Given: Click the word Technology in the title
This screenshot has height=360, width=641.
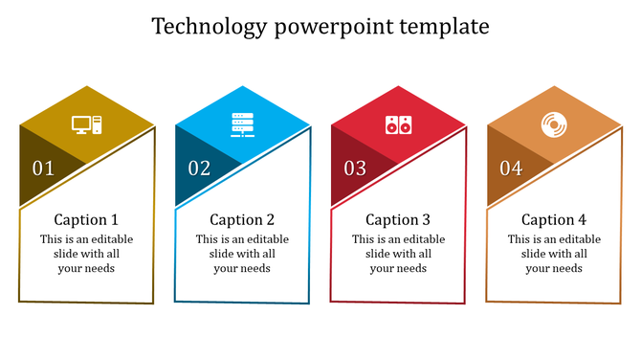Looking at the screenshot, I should [210, 27].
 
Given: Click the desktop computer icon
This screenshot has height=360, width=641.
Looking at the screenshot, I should [86, 124].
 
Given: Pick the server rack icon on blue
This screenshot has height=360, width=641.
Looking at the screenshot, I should [243, 124].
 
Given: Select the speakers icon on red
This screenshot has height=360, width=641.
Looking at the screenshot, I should [398, 124].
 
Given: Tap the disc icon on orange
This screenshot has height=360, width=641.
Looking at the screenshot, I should [554, 124].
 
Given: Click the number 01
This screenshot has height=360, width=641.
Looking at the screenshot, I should [44, 169].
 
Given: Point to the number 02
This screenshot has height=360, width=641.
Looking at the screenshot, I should [199, 169].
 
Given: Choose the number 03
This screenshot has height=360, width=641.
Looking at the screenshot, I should [355, 169].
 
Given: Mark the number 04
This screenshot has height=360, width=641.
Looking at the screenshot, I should [511, 169].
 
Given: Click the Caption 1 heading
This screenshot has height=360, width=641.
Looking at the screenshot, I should [86, 219].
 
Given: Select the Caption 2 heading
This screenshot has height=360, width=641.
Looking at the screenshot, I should [242, 219].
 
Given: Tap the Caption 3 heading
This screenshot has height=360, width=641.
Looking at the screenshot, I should [398, 219].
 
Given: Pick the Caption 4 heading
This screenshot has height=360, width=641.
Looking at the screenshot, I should [554, 219].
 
